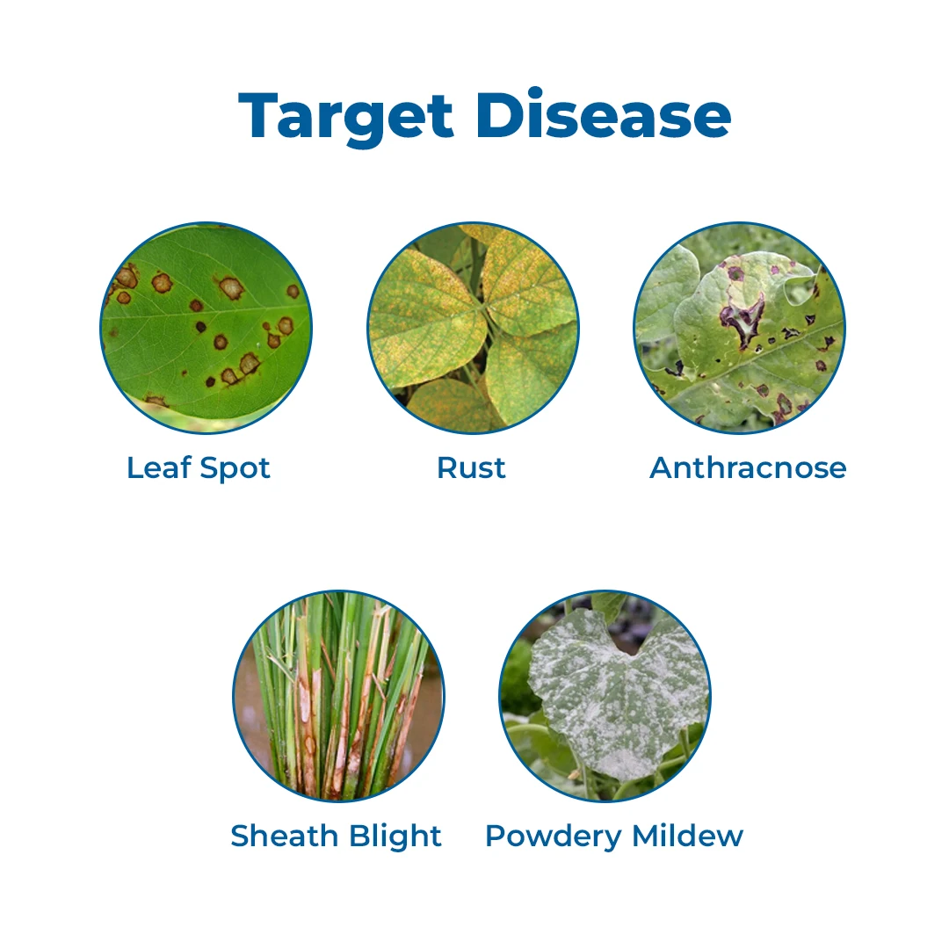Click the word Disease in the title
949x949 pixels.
click(x=604, y=113)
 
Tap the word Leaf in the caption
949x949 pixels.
click(x=158, y=467)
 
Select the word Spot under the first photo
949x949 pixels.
click(x=235, y=469)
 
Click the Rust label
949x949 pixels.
click(x=471, y=467)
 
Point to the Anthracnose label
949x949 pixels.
click(x=748, y=467)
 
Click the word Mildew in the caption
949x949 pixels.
click(x=687, y=836)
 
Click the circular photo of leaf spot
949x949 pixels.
click(x=206, y=328)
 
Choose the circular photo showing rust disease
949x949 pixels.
click(x=474, y=328)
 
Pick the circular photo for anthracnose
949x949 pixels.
click(x=740, y=328)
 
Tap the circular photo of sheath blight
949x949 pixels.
click(x=339, y=696)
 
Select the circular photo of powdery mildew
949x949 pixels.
click(x=605, y=696)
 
